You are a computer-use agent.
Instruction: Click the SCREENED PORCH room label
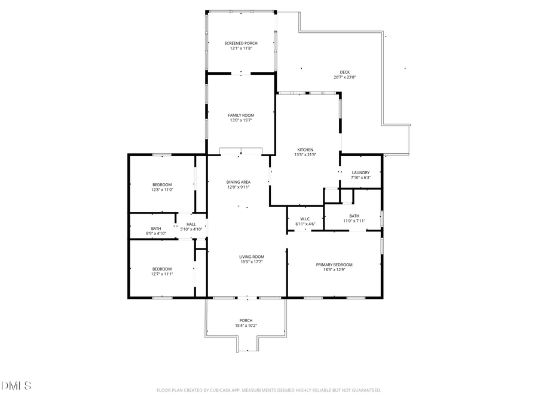point(241,43)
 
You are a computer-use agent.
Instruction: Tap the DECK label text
point(345,72)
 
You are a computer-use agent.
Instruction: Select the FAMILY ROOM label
point(241,115)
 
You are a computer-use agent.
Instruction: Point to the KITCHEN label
point(305,150)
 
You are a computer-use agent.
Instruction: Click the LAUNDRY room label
point(360,172)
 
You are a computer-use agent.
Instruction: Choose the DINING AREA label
point(238,182)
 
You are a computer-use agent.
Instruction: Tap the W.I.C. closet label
point(305,219)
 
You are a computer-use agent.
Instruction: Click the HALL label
point(191,224)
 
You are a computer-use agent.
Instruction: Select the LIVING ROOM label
point(252,257)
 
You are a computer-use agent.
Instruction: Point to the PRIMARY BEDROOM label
point(334,265)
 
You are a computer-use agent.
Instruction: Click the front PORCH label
point(246,320)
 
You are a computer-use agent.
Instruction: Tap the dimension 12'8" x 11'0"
point(162,190)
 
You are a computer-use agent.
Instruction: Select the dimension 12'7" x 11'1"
point(162,274)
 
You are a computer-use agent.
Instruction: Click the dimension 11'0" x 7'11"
point(354,221)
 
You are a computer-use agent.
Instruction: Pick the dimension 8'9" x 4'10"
point(155,233)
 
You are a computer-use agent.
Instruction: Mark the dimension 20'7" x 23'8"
point(345,77)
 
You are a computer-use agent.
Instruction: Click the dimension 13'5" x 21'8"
point(305,155)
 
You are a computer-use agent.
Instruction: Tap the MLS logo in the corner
point(16,386)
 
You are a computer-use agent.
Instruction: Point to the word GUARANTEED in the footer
point(365,390)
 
